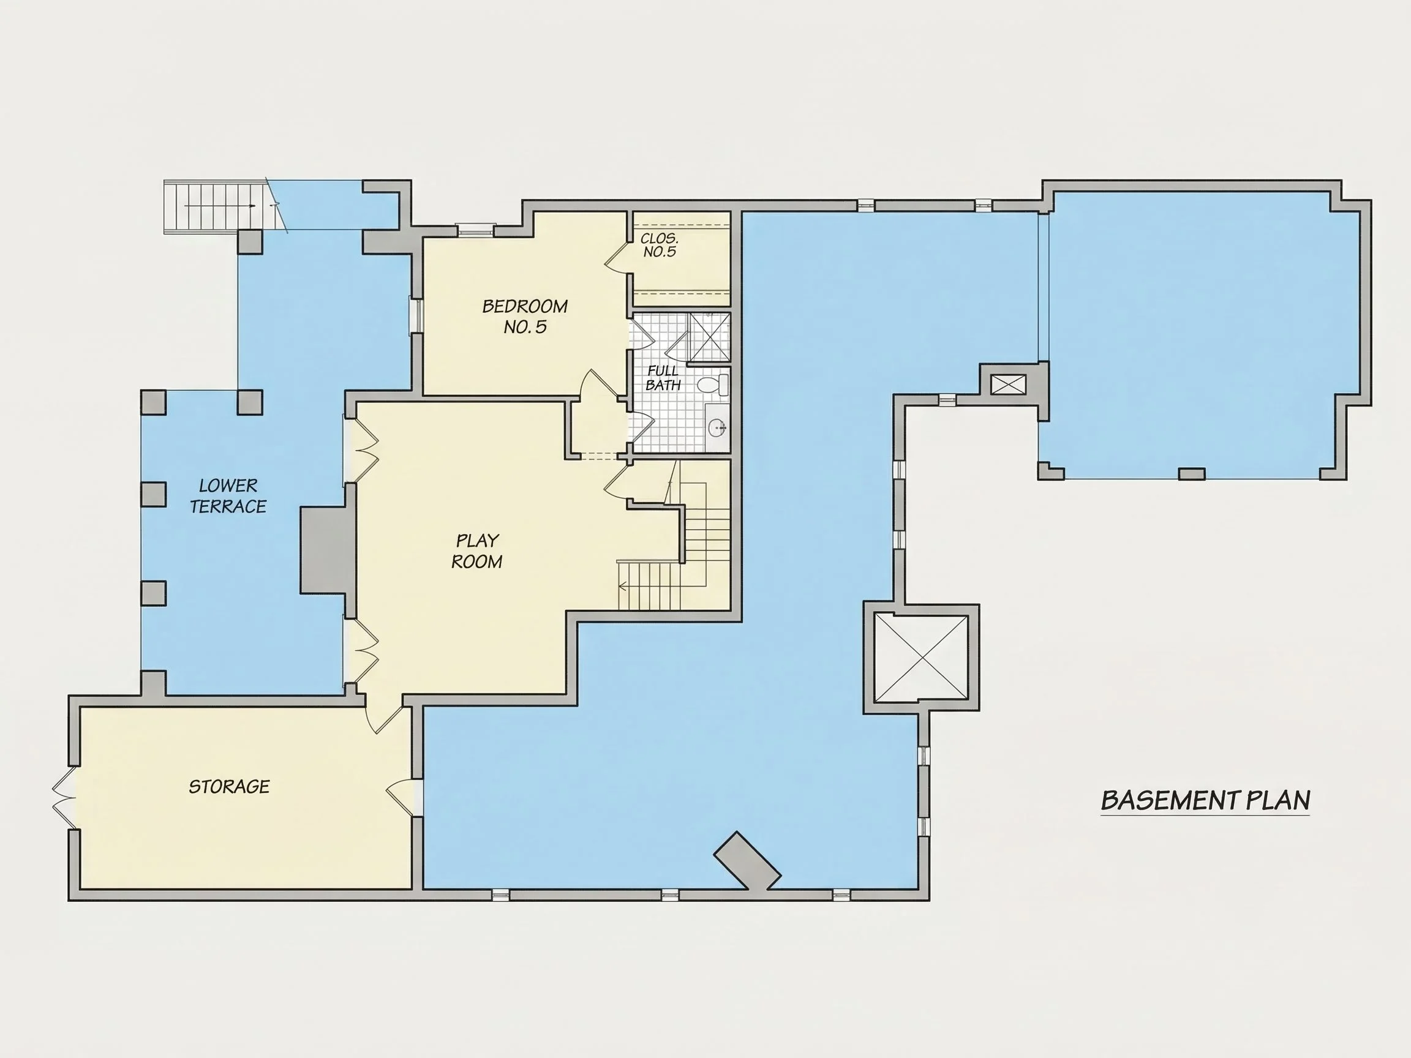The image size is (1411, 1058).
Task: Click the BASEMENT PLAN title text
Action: [1205, 800]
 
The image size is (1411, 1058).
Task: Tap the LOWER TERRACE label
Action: [228, 496]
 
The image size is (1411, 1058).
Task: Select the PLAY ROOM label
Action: [476, 551]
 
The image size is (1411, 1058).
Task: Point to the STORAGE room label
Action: [229, 786]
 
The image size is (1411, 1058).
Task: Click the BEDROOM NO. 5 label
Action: [525, 317]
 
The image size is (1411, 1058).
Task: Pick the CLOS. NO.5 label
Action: [660, 245]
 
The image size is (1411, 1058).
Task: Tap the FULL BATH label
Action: [663, 378]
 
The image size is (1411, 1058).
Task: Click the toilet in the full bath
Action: [713, 384]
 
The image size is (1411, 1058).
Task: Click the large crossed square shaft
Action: [920, 658]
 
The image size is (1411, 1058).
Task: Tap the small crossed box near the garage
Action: [1009, 385]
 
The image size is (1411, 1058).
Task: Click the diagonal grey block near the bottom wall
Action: [747, 860]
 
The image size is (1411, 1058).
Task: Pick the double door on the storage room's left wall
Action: [64, 797]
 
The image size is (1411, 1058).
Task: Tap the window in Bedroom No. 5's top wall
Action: [476, 228]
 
